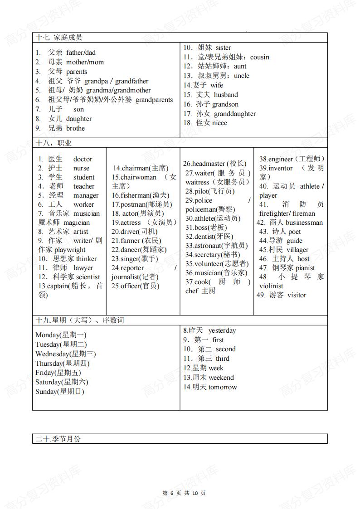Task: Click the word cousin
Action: click(260, 57)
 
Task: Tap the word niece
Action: click(219, 123)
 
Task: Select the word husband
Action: click(226, 95)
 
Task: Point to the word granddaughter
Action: click(235, 114)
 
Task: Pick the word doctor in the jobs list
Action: click(83, 159)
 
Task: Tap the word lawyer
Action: click(83, 268)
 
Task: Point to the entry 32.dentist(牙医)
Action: click(209, 236)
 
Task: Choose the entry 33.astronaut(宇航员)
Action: click(216, 245)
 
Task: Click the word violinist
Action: click(271, 286)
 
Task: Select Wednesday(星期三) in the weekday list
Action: click(65, 354)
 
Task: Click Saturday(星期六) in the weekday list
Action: click(62, 382)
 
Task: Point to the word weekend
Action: click(221, 378)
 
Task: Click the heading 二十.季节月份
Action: click(59, 439)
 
